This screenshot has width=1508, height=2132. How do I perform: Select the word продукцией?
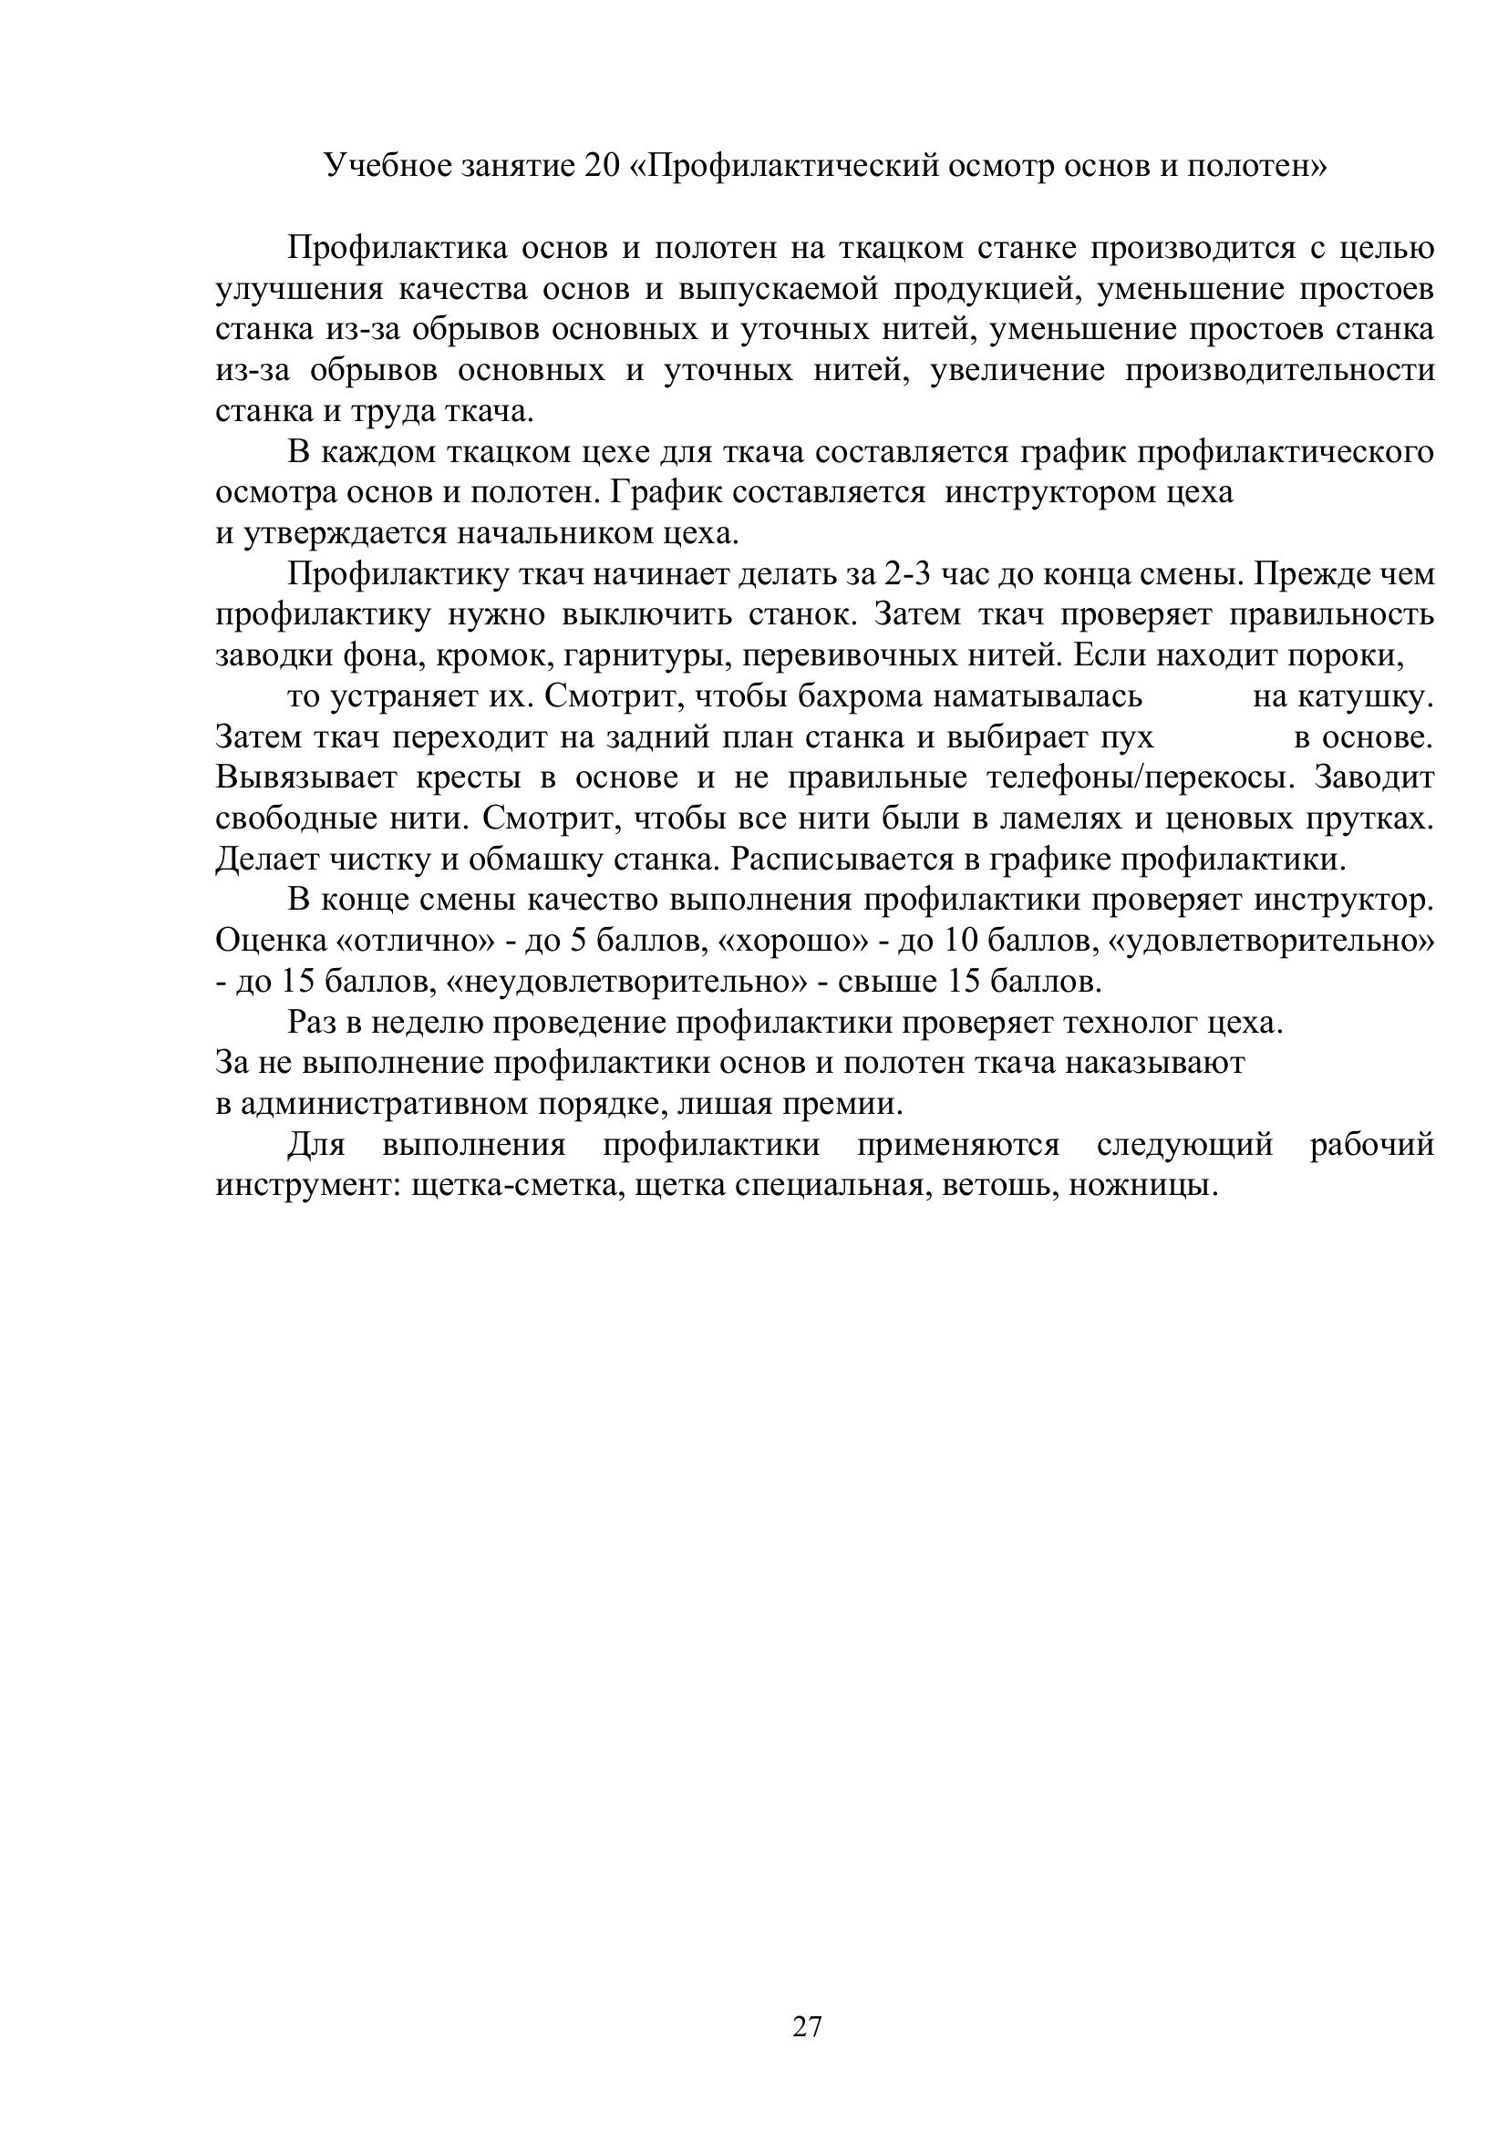pos(987,290)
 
